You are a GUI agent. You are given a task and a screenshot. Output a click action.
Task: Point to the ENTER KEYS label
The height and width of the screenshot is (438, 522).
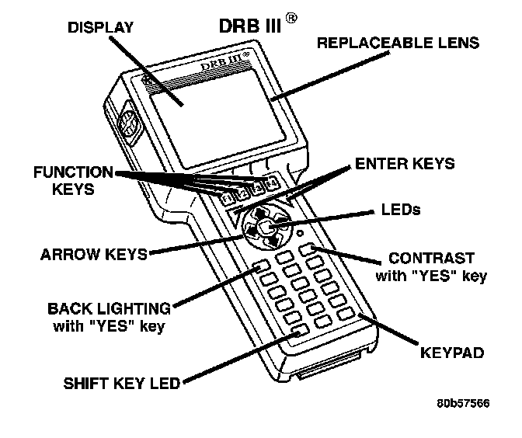tap(404, 165)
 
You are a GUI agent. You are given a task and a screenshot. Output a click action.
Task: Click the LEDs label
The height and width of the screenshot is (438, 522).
tap(402, 210)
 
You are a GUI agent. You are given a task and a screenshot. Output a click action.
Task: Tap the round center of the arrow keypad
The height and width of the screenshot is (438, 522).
tap(265, 227)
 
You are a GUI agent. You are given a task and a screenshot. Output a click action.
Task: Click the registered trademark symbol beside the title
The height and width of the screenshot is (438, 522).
tap(291, 17)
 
